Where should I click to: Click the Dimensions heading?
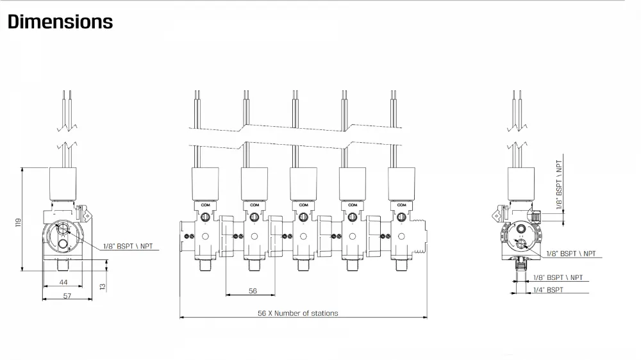tap(60, 22)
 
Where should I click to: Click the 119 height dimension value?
tap(18, 222)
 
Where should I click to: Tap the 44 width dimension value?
tap(63, 282)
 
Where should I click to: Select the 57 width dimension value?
tap(67, 296)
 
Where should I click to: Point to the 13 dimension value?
tap(102, 287)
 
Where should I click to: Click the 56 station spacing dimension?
tap(253, 291)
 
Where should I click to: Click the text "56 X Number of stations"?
tap(297, 313)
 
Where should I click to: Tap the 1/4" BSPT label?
tap(548, 290)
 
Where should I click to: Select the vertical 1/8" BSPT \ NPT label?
tap(559, 184)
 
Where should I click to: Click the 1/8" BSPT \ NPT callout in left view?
tap(128, 247)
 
